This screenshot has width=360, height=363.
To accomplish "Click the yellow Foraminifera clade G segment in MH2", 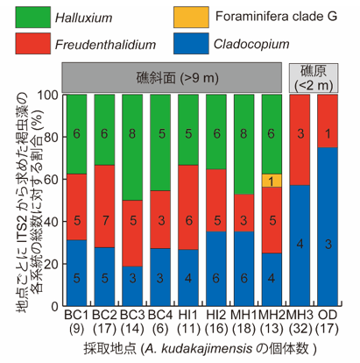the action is [x=272, y=181].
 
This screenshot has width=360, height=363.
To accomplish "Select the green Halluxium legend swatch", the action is [x=33, y=18].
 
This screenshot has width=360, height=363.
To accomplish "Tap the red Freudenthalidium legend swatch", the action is [x=33, y=44].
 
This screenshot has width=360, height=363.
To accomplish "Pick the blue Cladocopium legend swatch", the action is [x=191, y=44].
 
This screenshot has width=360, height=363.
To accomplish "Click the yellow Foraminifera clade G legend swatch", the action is [x=191, y=18].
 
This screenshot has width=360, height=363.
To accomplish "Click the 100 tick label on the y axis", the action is [x=47, y=95].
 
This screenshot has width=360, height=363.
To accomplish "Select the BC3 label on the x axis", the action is [x=132, y=315].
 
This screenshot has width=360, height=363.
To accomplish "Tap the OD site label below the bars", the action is [x=328, y=315].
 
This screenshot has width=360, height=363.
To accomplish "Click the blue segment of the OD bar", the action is [x=328, y=227].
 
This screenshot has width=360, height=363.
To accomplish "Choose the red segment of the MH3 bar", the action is [x=300, y=139].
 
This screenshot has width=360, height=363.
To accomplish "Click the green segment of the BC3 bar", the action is [x=132, y=147].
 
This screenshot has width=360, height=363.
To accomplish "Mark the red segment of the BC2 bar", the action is [x=104, y=206].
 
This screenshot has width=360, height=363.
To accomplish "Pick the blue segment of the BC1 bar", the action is [x=76, y=273].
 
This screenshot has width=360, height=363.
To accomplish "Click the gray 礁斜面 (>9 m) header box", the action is [x=172, y=77].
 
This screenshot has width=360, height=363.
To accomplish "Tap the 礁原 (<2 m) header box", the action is [x=314, y=78].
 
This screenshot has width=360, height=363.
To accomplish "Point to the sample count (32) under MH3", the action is [x=300, y=329].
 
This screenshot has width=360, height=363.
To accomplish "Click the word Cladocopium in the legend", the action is [x=251, y=44].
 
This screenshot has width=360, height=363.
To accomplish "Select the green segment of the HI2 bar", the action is [x=216, y=132].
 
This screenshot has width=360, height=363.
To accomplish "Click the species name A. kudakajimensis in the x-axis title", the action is [x=199, y=349].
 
